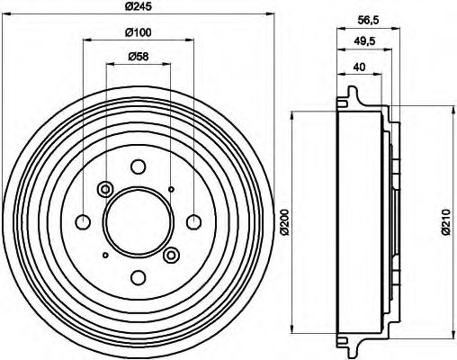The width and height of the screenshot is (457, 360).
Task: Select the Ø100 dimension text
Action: pos(139,34)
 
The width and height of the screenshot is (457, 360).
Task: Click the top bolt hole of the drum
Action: pos(138,166)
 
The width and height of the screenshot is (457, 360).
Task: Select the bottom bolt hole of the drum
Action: pos(138,278)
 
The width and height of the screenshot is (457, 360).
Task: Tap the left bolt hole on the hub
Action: pos(83,222)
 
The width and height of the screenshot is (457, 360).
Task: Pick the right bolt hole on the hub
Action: pos(193,222)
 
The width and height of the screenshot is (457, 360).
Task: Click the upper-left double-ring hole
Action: pos(104,189)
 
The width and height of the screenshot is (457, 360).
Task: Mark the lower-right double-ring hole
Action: pos(171,256)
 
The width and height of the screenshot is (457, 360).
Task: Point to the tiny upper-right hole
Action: pos(171,189)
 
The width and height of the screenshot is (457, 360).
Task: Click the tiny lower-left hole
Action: pos(104,256)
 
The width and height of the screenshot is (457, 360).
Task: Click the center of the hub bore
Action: pos(138,222)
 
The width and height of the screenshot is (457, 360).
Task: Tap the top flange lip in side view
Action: pos(349,93)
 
